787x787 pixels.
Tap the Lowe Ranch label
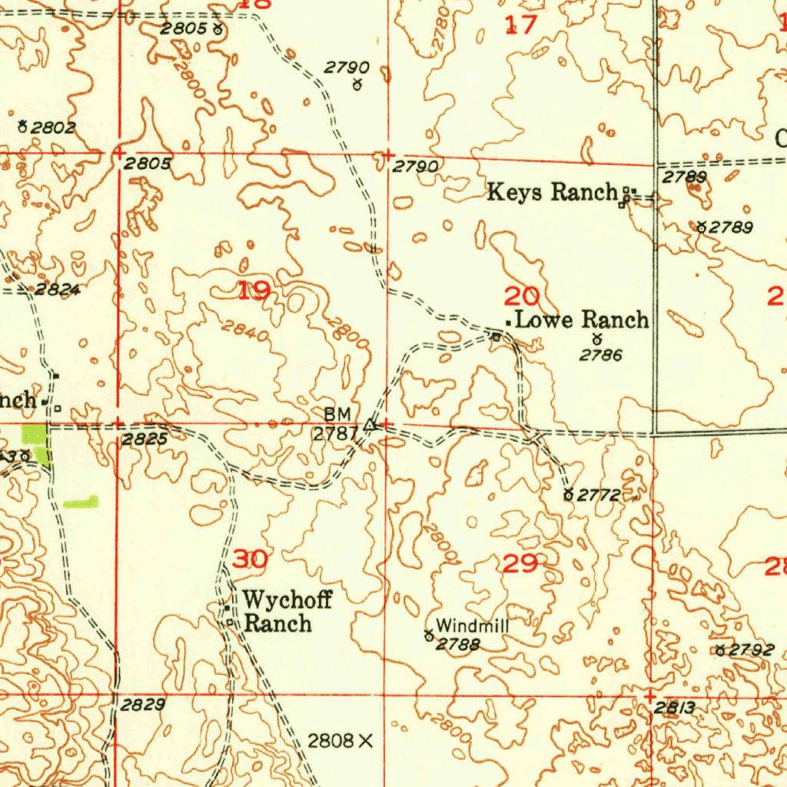(582, 320)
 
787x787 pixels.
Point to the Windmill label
(472, 626)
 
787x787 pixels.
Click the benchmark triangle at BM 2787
(370, 424)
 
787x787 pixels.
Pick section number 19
(254, 291)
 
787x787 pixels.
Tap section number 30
(251, 560)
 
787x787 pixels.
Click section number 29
(520, 564)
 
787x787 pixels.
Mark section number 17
(520, 26)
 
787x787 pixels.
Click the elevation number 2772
(599, 496)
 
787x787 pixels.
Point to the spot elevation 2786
(600, 355)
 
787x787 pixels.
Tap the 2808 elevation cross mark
(365, 741)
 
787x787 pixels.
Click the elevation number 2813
(676, 709)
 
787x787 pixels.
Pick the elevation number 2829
(142, 704)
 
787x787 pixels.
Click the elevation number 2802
(53, 128)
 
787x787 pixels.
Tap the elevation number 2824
(58, 290)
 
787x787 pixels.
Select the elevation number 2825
(145, 440)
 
